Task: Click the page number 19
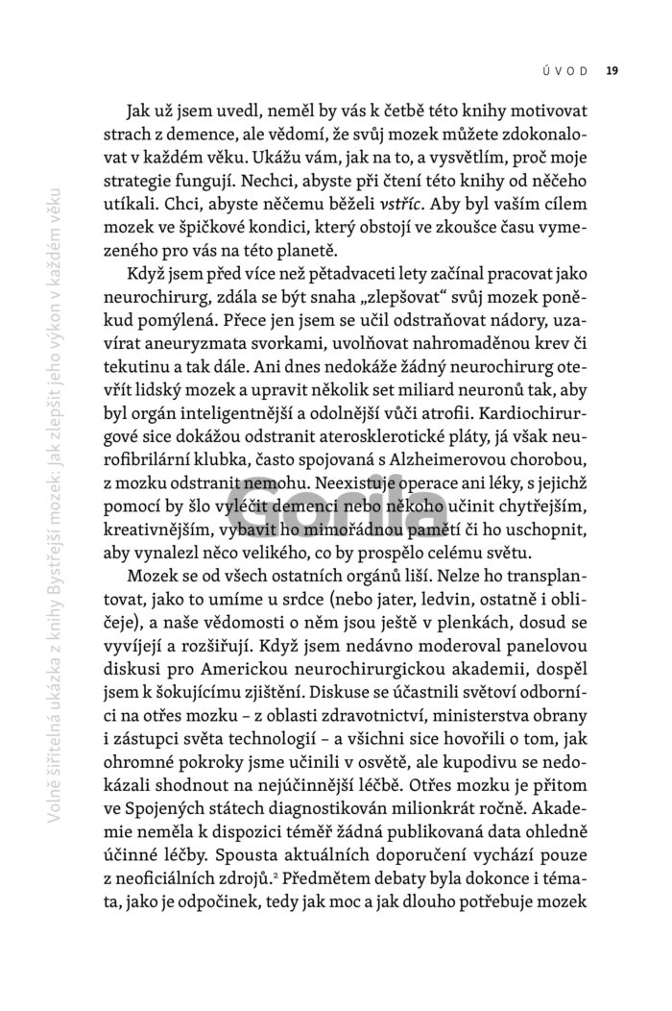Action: [612, 69]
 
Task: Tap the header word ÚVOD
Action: [570, 69]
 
